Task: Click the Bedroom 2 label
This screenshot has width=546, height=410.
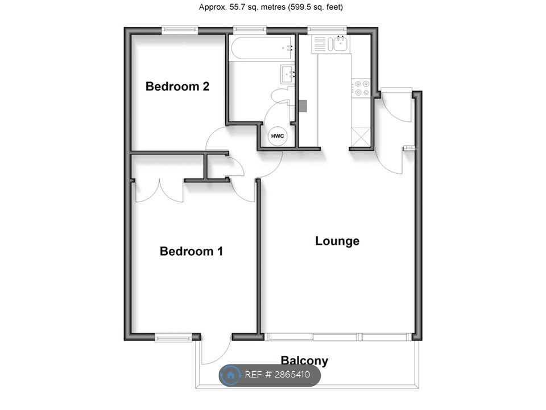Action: click(x=177, y=86)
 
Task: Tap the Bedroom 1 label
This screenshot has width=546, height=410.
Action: click(x=191, y=251)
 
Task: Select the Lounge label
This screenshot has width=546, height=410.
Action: click(x=337, y=241)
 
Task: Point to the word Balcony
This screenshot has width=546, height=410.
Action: click(x=304, y=360)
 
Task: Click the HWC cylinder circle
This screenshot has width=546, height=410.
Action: click(x=277, y=136)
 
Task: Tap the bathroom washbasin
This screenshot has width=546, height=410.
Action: click(x=288, y=74)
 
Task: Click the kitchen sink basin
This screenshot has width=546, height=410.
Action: click(x=341, y=44)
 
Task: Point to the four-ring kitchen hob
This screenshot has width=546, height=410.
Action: click(x=361, y=88)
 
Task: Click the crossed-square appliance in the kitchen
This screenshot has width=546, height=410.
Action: click(x=361, y=137)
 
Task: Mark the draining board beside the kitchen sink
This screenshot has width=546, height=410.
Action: click(x=320, y=44)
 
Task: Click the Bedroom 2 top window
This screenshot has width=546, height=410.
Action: click(x=180, y=30)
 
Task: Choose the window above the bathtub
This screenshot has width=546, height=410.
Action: click(x=250, y=30)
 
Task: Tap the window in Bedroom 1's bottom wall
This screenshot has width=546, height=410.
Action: click(x=173, y=337)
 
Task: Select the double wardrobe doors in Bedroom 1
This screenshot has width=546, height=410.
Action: click(x=159, y=191)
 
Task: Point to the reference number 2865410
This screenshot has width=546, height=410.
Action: click(x=292, y=375)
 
